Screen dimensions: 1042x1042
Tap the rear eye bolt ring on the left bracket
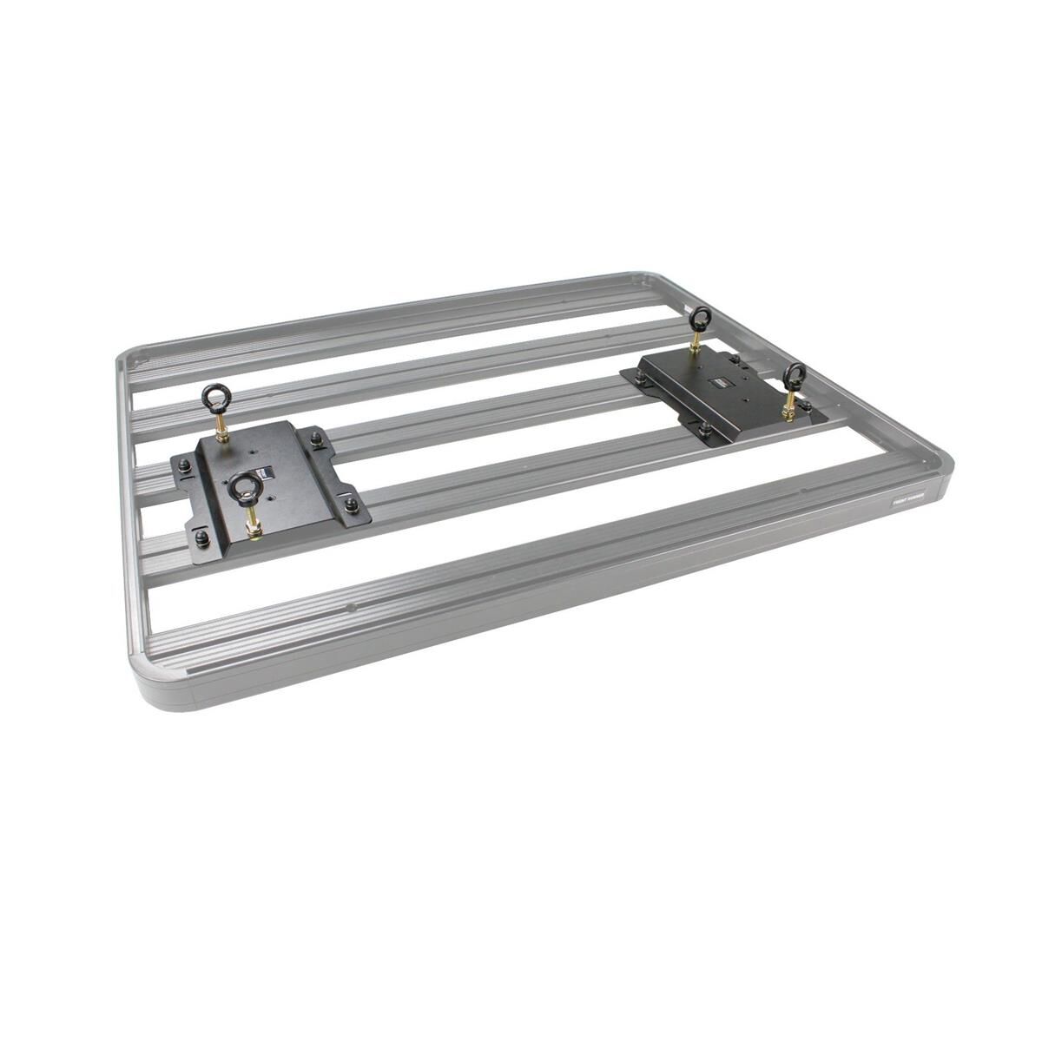(214, 397)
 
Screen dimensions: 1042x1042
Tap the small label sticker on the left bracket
(269, 474)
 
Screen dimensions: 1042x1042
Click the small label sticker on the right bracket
(720, 379)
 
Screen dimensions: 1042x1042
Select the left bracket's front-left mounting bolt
(201, 538)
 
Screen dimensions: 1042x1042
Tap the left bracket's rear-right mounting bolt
(317, 440)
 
